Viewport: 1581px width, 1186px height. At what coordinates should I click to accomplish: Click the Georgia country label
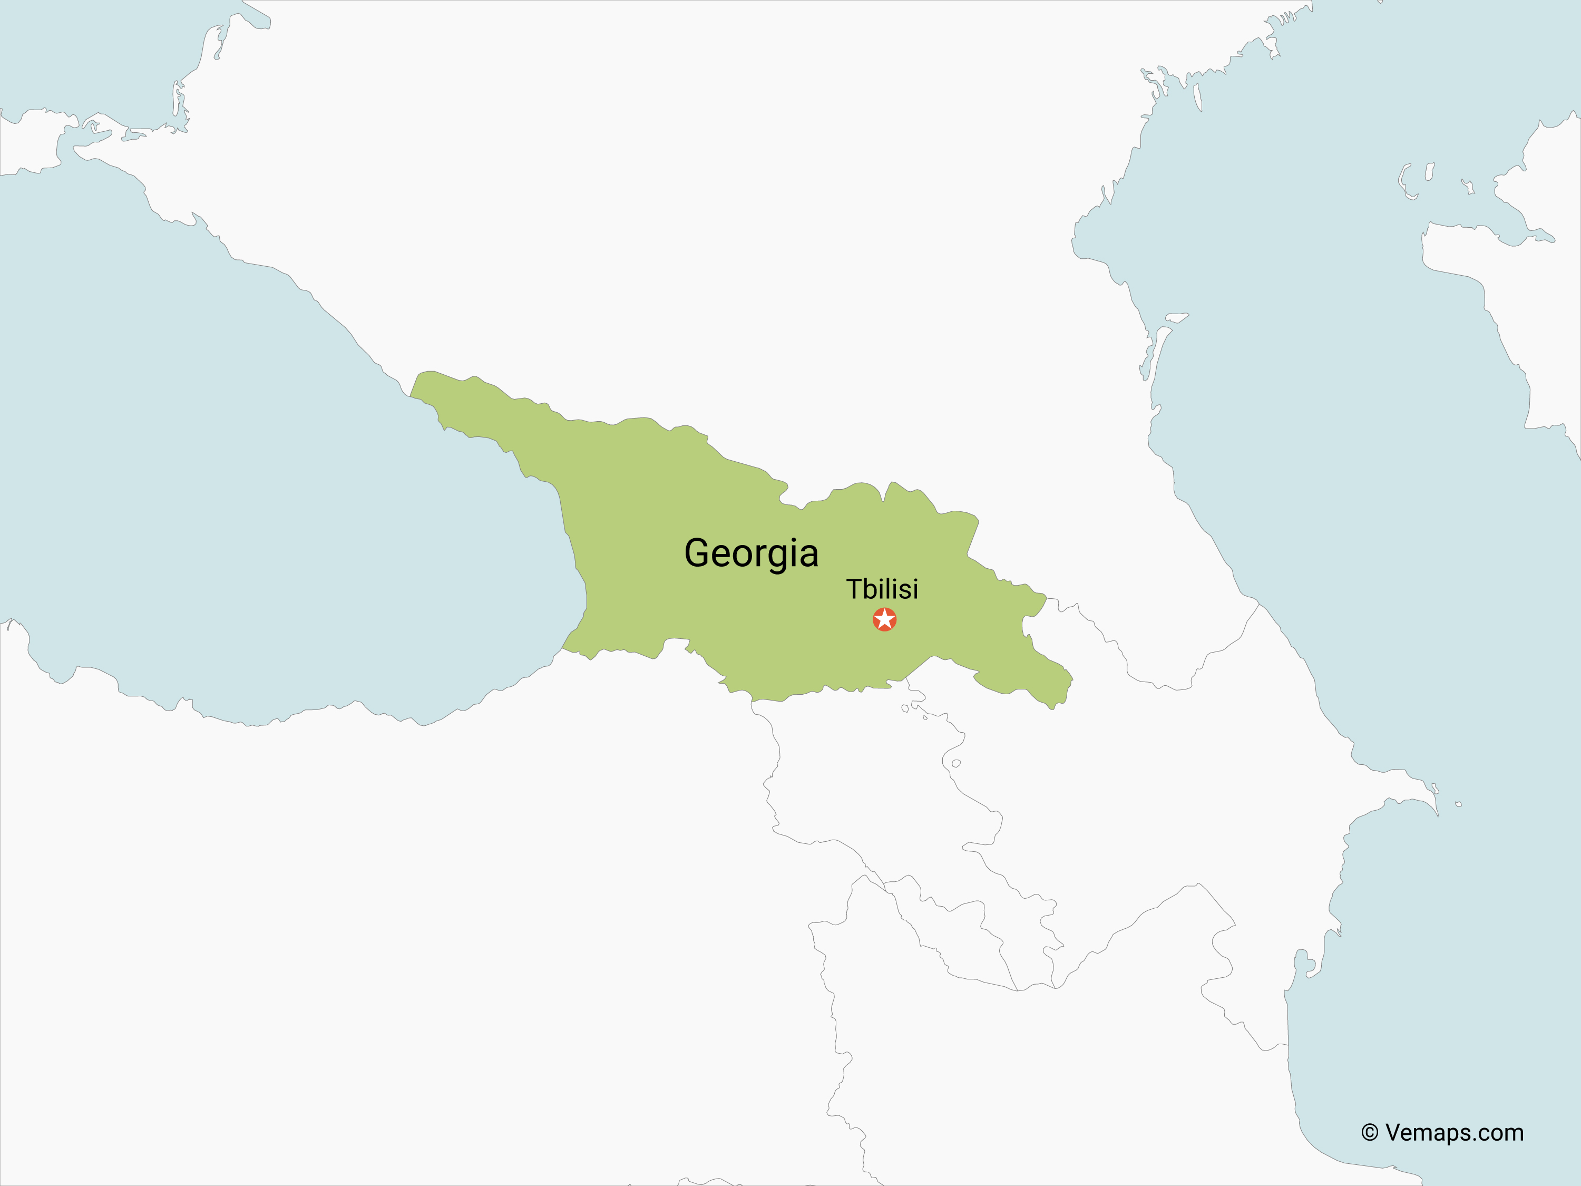click(x=750, y=553)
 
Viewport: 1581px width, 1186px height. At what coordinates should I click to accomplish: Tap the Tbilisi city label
click(x=882, y=589)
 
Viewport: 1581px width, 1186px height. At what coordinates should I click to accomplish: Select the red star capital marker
click(x=884, y=619)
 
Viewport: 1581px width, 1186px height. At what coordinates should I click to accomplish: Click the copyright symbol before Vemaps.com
click(x=1370, y=1133)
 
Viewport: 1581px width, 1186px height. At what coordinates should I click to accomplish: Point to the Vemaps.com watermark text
click(x=1454, y=1133)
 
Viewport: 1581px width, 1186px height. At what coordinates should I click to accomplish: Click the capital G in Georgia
click(x=699, y=553)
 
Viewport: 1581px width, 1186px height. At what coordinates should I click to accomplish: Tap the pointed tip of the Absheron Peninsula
click(x=1437, y=814)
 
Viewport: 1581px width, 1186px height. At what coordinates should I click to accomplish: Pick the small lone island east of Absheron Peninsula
click(x=1458, y=804)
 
